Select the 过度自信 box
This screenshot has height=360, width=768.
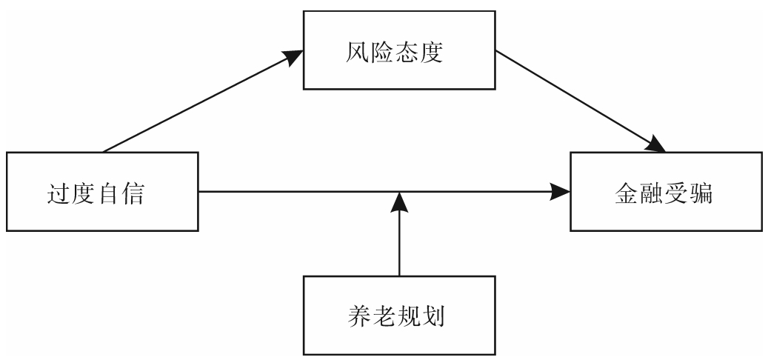(x=102, y=193)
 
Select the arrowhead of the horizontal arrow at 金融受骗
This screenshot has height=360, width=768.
(x=563, y=193)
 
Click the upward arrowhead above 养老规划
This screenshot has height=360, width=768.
(x=399, y=201)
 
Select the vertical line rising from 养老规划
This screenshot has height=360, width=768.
(x=399, y=244)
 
